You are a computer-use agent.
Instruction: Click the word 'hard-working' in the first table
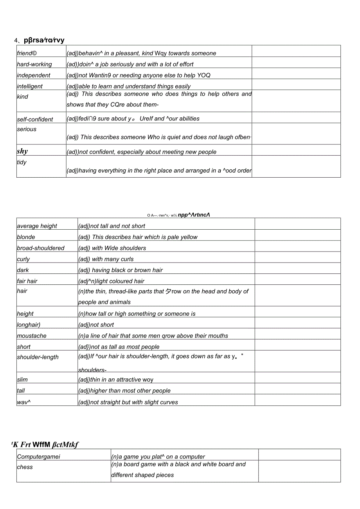pyautogui.click(x=34, y=64)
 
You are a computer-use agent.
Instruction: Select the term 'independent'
pyautogui.click(x=34, y=75)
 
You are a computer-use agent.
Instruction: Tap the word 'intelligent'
pyautogui.click(x=30, y=86)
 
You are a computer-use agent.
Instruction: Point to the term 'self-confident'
pyautogui.click(x=35, y=119)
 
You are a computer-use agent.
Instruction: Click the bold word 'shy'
pyautogui.click(x=22, y=151)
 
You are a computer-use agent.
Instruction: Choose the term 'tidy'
pyautogui.click(x=22, y=162)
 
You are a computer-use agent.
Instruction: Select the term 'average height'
pyautogui.click(x=37, y=226)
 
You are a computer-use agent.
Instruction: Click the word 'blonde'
pyautogui.click(x=26, y=237)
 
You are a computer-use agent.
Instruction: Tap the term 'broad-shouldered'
pyautogui.click(x=41, y=248)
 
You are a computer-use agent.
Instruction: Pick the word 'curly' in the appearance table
pyautogui.click(x=23, y=259)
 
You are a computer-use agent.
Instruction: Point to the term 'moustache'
pyautogui.click(x=32, y=336)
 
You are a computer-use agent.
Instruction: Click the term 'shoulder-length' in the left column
pyautogui.click(x=38, y=357)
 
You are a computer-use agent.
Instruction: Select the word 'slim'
pyautogui.click(x=22, y=380)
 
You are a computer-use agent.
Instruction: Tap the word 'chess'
pyautogui.click(x=25, y=467)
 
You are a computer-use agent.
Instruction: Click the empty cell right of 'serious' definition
pyautogui.click(x=296, y=134)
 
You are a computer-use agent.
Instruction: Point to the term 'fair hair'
pyautogui.click(x=27, y=281)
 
